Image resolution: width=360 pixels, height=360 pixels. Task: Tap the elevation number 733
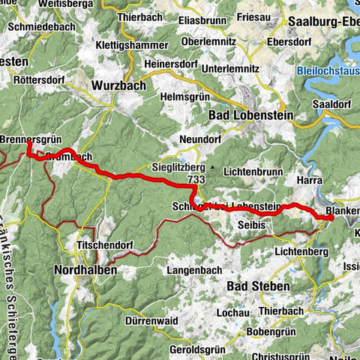click(x=197, y=180)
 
